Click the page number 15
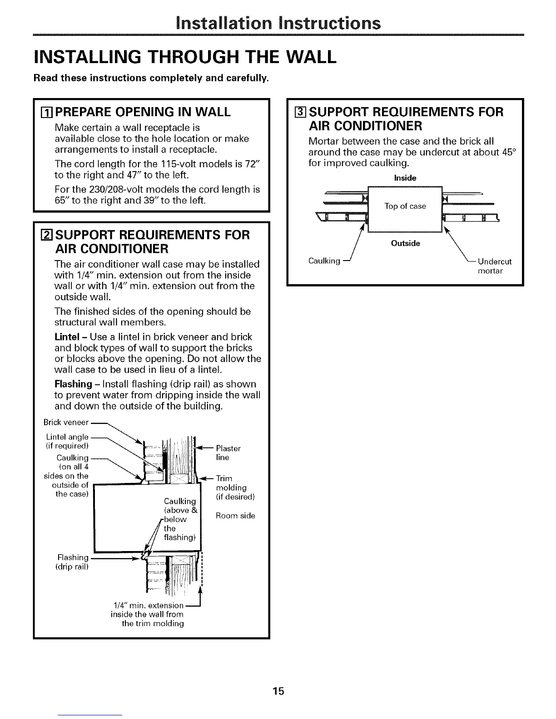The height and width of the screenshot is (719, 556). point(278,679)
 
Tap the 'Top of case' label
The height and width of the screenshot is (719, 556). point(405,207)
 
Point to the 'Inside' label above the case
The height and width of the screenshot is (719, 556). point(405,178)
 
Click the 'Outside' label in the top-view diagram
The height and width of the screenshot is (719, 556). point(405,243)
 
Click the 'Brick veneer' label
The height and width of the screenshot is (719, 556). point(66,422)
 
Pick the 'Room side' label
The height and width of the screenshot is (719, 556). point(235,516)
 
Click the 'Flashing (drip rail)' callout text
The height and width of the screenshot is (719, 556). point(73,562)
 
